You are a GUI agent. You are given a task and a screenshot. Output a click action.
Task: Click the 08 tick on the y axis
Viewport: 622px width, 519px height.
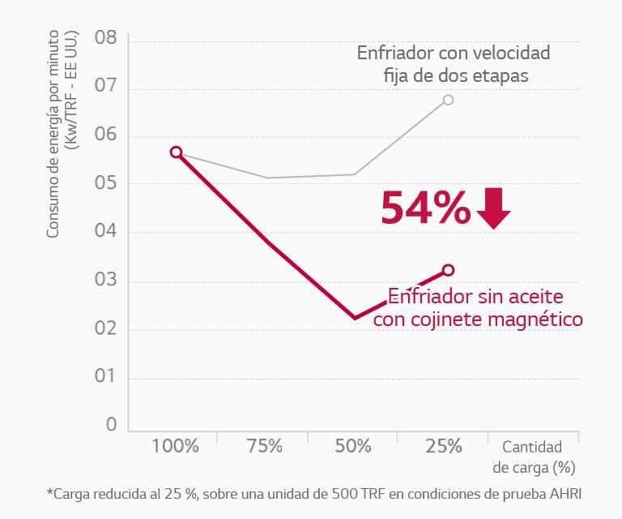(x=105, y=38)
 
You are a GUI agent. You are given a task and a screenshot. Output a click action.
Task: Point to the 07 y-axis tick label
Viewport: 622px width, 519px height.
(x=105, y=87)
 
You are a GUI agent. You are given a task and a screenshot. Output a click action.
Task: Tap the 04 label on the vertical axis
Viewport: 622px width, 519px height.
(x=105, y=232)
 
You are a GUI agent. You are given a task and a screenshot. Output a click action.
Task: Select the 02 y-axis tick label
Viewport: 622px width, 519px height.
(x=105, y=328)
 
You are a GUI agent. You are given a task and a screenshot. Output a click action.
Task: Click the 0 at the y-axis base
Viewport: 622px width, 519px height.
(x=112, y=425)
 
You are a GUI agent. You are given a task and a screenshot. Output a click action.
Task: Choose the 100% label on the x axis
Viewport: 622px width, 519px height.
(x=174, y=446)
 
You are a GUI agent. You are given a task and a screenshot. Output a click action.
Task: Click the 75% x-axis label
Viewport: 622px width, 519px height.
(x=264, y=446)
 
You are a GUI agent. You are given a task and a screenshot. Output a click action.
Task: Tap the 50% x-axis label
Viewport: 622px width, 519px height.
(x=353, y=446)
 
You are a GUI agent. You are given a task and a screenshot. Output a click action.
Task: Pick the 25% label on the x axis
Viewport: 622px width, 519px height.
(x=443, y=446)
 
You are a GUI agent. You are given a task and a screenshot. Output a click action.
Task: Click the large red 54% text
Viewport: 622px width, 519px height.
(x=425, y=208)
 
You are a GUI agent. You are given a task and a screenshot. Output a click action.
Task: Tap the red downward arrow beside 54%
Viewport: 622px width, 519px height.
(x=493, y=208)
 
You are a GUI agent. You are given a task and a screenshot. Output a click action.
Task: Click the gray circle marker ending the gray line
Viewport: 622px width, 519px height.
(x=448, y=100)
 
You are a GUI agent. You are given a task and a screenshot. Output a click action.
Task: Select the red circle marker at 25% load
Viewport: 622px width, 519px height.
(x=448, y=270)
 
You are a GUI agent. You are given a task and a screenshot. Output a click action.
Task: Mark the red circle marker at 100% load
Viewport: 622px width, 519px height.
(x=176, y=152)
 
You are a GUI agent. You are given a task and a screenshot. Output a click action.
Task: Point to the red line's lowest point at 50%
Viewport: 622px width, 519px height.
(x=355, y=317)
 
